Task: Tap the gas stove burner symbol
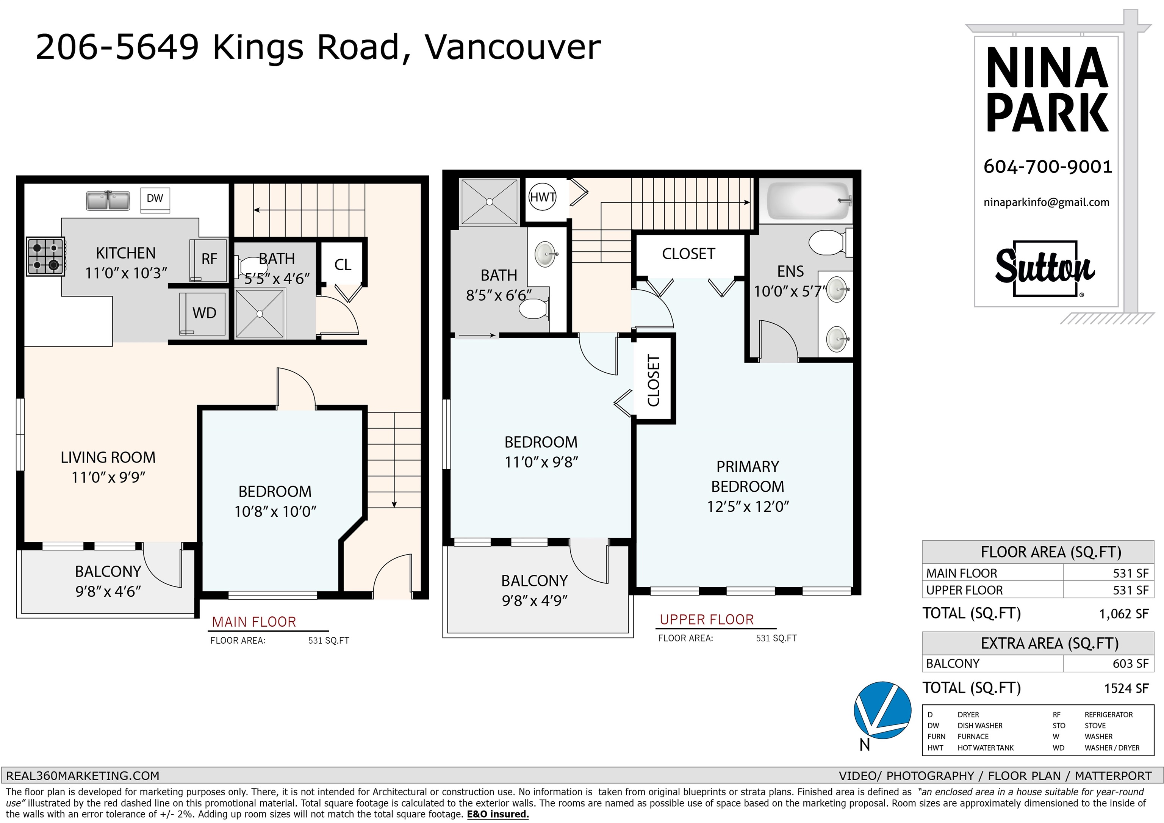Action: coord(45,257)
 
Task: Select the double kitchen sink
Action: coord(108,200)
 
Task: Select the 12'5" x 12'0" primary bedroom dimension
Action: coord(748,506)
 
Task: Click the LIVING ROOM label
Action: coord(108,458)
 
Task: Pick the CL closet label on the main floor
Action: coord(343,265)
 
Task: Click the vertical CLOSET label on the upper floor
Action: coord(654,380)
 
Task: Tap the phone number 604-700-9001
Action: coord(1047,167)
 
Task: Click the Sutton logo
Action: coord(1045,268)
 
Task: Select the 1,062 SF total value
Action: coord(1123,614)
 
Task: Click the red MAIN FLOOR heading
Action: coord(253,622)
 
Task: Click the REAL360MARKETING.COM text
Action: coord(83,776)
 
